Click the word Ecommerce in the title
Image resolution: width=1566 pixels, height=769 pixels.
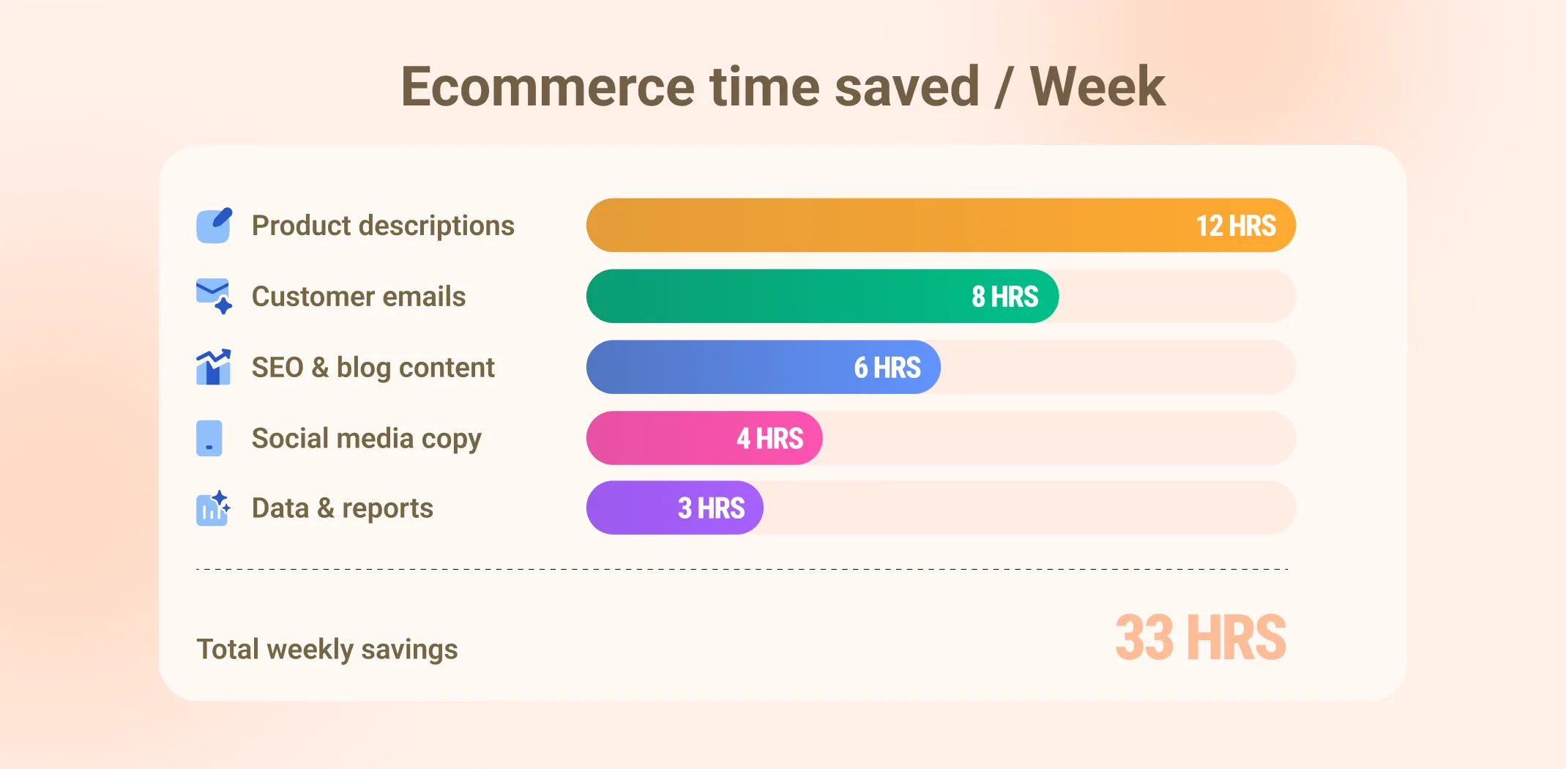coord(547,87)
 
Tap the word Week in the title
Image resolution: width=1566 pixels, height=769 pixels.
coord(1097,87)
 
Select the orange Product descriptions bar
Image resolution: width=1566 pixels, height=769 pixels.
coord(879,226)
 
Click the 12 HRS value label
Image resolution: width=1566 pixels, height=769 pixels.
coord(1236,226)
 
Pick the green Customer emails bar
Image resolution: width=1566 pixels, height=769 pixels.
coord(769,297)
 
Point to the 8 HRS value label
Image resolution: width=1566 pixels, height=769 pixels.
coord(1004,297)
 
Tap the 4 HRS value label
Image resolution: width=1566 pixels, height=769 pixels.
coord(769,439)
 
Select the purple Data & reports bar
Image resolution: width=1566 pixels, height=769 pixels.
coord(630,508)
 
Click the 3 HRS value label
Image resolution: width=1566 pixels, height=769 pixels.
coord(711,508)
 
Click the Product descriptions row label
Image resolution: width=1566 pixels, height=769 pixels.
coord(383,226)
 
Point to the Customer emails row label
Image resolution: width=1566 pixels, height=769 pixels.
coord(359,297)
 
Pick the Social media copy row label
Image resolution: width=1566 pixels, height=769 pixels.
coord(366,439)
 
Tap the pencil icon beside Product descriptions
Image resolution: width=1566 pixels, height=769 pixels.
coord(214,226)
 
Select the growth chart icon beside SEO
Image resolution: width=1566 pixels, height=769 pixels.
coord(214,367)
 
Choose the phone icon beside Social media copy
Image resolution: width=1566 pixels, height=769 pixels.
coord(209,439)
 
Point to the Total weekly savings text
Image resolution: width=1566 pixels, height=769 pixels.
coord(327,650)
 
